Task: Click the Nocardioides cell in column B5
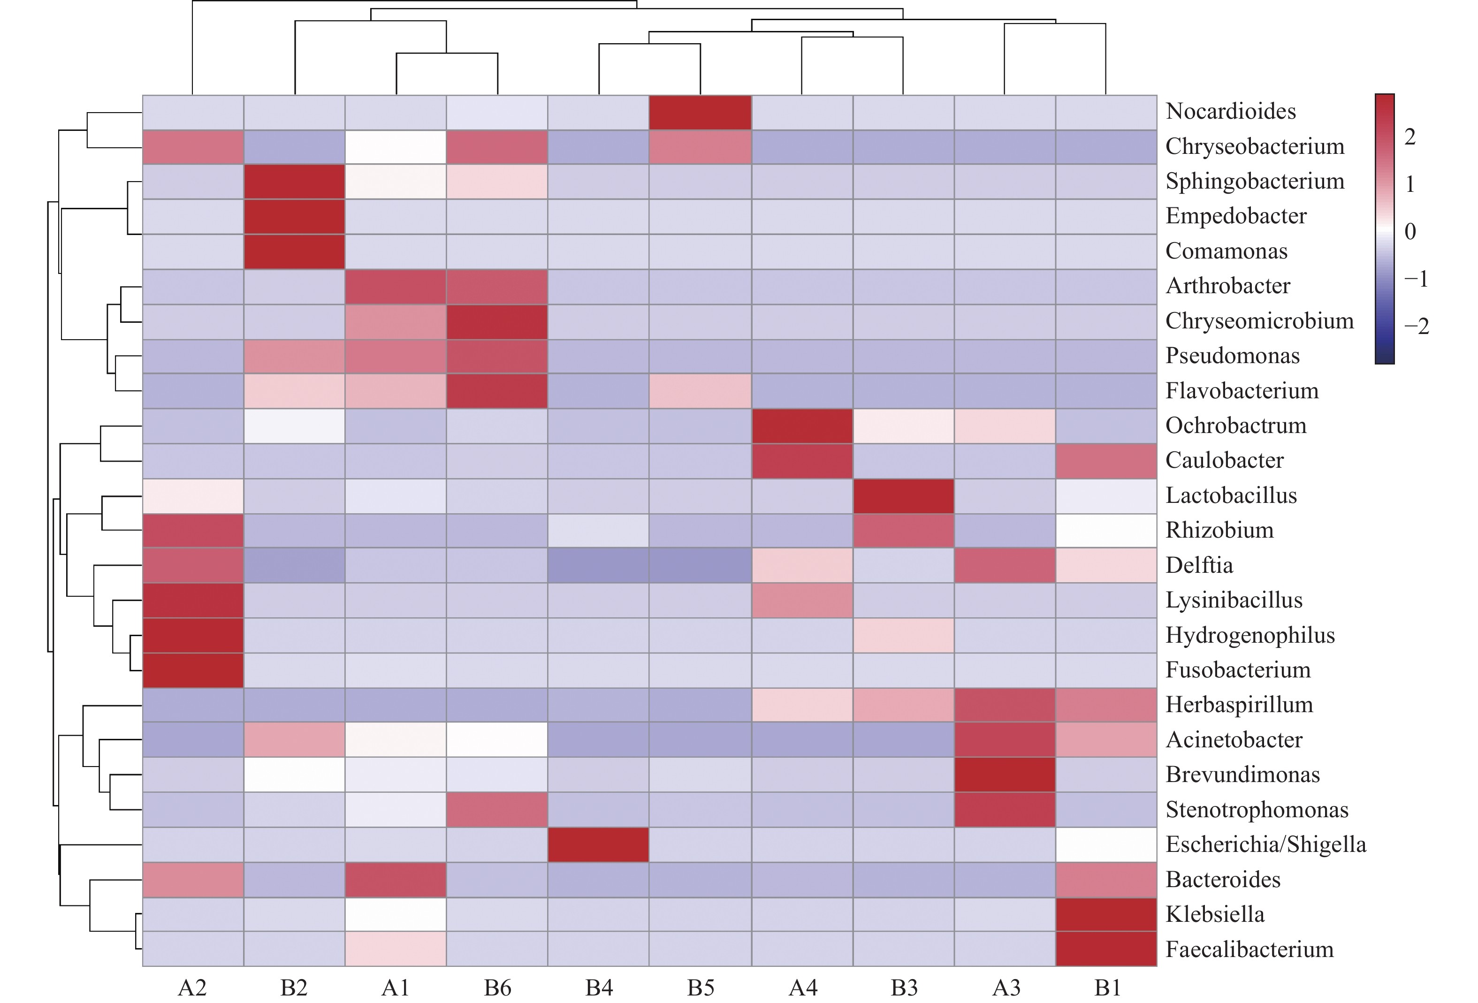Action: [x=700, y=113]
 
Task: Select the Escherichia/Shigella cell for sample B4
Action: [x=598, y=844]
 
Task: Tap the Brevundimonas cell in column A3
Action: [x=1005, y=775]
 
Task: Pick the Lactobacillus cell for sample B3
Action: [x=903, y=495]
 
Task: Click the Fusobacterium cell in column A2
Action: [x=193, y=670]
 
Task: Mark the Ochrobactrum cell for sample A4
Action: [x=801, y=426]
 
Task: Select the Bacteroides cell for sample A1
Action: [x=396, y=880]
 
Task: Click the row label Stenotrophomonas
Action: [x=1257, y=810]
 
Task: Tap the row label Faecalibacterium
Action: [x=1249, y=950]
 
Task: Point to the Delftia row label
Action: [x=1199, y=565]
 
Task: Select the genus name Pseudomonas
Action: [x=1232, y=356]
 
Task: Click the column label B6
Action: [x=497, y=988]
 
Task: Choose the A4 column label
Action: [x=803, y=988]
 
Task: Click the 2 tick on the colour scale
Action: [x=1409, y=137]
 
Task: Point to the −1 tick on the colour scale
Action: [x=1416, y=279]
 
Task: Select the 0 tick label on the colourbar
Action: [x=1410, y=231]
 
